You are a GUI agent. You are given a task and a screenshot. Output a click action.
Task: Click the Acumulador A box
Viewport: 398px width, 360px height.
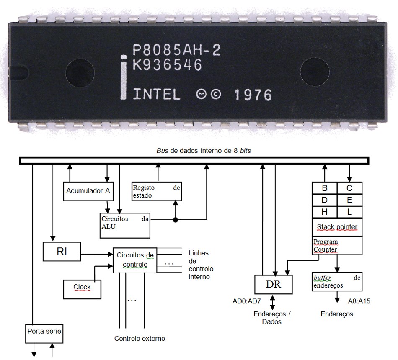pyautogui.click(x=88, y=191)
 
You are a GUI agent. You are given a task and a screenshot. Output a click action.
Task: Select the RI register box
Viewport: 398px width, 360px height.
pyautogui.click(x=62, y=252)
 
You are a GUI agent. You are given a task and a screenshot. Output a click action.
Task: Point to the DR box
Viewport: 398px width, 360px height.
pyautogui.click(x=274, y=285)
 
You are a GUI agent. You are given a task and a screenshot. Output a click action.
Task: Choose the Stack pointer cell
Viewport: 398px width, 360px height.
pyautogui.click(x=337, y=227)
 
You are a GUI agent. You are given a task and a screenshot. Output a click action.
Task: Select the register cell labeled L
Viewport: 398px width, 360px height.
pyautogui.click(x=349, y=212)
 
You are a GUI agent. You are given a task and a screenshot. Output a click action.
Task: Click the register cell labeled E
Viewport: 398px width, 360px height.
pyautogui.click(x=349, y=200)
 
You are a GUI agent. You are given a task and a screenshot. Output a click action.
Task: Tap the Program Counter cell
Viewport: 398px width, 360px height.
pyautogui.click(x=337, y=245)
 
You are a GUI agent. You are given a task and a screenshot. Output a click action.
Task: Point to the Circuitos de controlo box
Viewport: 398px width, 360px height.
pyautogui.click(x=135, y=260)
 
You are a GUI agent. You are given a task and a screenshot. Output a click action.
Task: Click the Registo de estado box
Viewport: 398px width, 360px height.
pyautogui.click(x=156, y=191)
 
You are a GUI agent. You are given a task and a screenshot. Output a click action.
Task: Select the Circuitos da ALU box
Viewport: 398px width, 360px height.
pyautogui.click(x=124, y=223)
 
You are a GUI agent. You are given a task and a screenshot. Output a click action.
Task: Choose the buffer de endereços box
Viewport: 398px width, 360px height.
pyautogui.click(x=337, y=281)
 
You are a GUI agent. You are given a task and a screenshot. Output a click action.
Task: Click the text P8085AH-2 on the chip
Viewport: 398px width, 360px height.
pyautogui.click(x=176, y=50)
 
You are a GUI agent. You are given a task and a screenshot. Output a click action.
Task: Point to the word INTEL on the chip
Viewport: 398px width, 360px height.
pyautogui.click(x=156, y=94)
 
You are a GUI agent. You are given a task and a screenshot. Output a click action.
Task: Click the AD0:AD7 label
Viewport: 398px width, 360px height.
pyautogui.click(x=248, y=301)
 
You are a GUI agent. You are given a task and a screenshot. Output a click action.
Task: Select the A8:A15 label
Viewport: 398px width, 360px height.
pyautogui.click(x=359, y=301)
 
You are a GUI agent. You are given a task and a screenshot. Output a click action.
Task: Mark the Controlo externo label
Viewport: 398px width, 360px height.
pyautogui.click(x=140, y=338)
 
